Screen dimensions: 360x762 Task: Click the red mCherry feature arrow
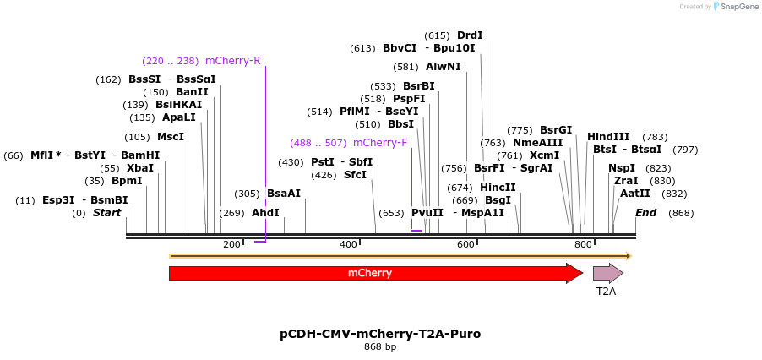click(x=372, y=273)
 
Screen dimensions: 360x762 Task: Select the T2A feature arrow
click(x=607, y=273)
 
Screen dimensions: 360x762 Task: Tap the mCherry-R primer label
click(x=232, y=61)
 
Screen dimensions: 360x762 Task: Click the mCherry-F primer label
click(x=380, y=143)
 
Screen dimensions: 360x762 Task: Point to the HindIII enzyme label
click(x=608, y=137)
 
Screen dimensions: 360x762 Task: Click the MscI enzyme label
click(x=171, y=137)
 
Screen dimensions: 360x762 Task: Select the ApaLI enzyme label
click(x=179, y=117)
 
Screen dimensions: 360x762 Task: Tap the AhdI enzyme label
click(x=265, y=213)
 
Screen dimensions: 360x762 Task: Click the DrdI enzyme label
click(x=470, y=35)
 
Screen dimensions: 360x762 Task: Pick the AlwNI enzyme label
click(x=444, y=67)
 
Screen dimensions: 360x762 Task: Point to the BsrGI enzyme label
click(x=556, y=130)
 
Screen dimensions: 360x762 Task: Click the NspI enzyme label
click(x=622, y=168)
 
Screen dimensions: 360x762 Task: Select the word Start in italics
click(x=107, y=213)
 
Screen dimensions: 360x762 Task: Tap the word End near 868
click(x=646, y=213)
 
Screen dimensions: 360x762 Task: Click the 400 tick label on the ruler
click(x=348, y=245)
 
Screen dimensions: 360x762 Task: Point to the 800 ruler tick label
click(x=583, y=245)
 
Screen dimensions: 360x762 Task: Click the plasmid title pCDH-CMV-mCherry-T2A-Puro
click(x=380, y=334)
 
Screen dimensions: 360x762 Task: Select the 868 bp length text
click(x=380, y=347)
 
